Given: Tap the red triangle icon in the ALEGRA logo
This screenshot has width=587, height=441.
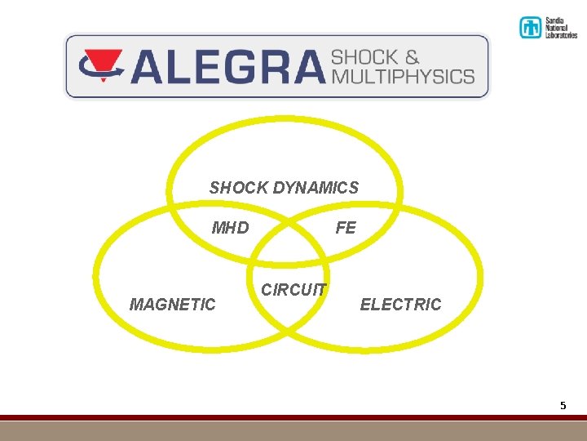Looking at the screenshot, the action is coord(101,60).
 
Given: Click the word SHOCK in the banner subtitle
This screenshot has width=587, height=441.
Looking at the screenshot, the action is coord(364,57).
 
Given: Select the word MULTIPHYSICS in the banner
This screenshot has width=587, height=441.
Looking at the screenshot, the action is coord(403,76).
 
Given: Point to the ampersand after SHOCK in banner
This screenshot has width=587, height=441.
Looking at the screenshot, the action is coord(411,57).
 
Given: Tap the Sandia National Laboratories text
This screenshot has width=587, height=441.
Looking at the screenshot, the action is coord(560,28).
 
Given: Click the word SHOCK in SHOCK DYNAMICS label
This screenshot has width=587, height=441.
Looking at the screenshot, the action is coord(238,188).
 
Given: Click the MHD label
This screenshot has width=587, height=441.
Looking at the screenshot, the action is coord(230,228).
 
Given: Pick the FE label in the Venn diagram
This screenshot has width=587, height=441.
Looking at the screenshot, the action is coord(346,228).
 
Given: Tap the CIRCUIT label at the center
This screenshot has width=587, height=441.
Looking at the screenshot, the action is coord(293,290).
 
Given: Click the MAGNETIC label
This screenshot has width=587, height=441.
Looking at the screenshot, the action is coord(173,305).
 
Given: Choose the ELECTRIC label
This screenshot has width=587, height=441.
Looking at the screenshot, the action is coord(400,305).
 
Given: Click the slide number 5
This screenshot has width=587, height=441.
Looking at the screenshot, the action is coord(563,405).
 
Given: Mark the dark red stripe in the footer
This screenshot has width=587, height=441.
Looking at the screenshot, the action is coord(293,417).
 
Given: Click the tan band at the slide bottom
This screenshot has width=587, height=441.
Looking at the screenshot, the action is coord(293,430).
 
